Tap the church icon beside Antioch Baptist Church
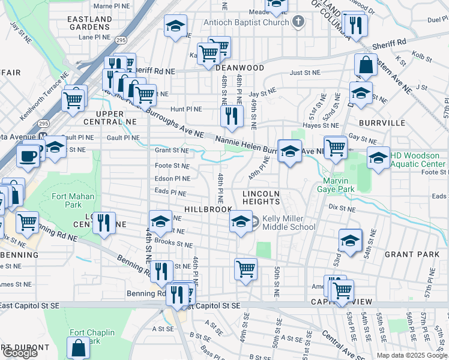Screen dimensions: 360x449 pos(298,22)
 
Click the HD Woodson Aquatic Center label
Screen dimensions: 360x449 pos(418,160)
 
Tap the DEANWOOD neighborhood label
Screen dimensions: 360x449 pos(240,68)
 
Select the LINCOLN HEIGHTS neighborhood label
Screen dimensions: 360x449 pos(262,198)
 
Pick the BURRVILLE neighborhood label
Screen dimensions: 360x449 pos(382,122)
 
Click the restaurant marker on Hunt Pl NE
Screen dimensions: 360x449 pos(231,116)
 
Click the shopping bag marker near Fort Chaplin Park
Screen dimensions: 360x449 pos(79,347)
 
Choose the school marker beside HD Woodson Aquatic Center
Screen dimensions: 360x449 pos(378,158)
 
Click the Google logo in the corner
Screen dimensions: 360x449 pos(19,352)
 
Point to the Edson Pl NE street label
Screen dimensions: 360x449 pos(173,179)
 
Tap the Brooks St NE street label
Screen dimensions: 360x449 pos(173,245)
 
